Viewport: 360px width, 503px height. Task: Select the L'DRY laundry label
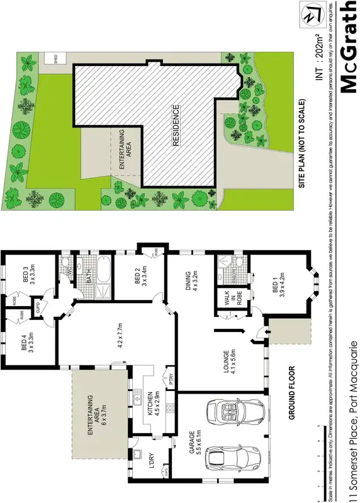150,462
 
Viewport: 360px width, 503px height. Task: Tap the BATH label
89,275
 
